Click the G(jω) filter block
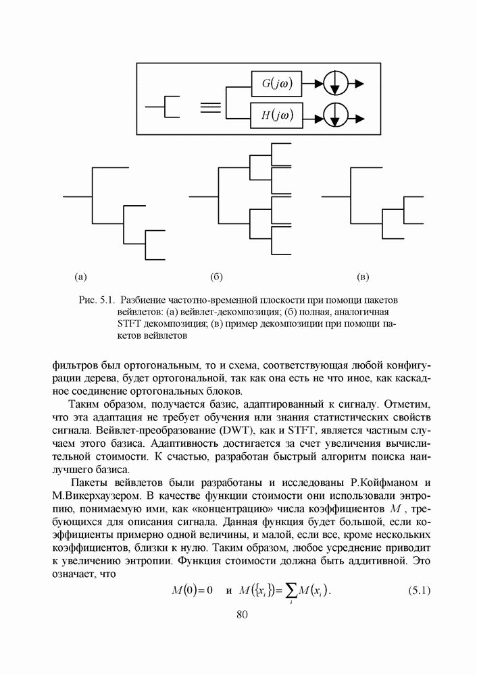coord(276,84)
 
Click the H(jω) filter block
coord(276,115)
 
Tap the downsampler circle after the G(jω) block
coord(334,84)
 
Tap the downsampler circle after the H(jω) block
coord(334,115)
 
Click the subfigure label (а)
coord(80,277)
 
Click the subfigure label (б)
coord(217,277)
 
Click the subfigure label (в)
coord(363,277)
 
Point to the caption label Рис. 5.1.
coord(95,300)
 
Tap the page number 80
coord(243,614)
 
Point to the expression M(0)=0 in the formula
coord(193,591)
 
